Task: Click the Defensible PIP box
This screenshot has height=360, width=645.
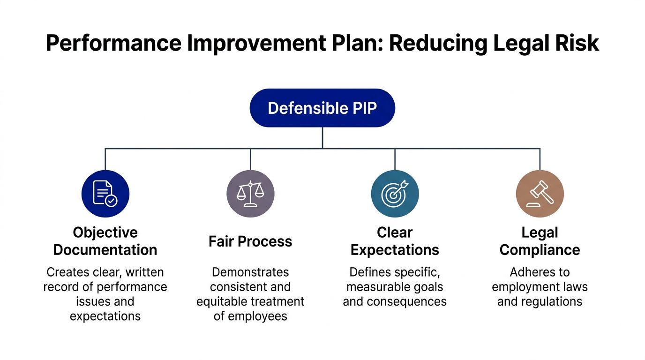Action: pyautogui.click(x=322, y=108)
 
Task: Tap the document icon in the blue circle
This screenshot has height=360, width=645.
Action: pyautogui.click(x=105, y=194)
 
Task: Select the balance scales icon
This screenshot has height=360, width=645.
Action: pyautogui.click(x=250, y=194)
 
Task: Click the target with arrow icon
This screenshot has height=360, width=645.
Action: pyautogui.click(x=395, y=194)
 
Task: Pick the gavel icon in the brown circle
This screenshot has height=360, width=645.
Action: pyautogui.click(x=540, y=194)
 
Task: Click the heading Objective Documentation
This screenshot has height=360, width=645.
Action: pyautogui.click(x=105, y=241)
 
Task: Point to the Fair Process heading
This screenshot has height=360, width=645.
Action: pyautogui.click(x=250, y=241)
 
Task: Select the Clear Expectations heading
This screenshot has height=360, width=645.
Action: pyautogui.click(x=395, y=241)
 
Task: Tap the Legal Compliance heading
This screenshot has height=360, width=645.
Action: pyautogui.click(x=540, y=241)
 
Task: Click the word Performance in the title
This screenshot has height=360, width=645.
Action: pyautogui.click(x=113, y=44)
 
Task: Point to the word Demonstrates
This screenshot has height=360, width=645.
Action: pyautogui.click(x=250, y=272)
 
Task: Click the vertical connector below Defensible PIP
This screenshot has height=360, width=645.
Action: pyautogui.click(x=322, y=138)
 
